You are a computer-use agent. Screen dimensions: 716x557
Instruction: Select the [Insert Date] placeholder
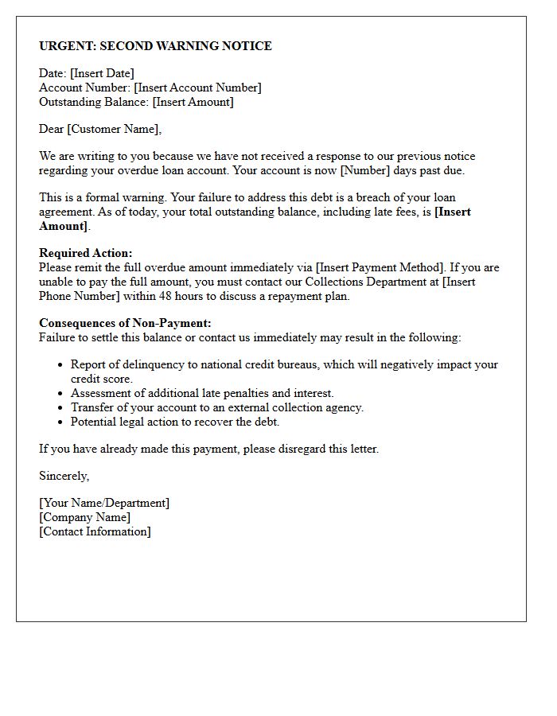tap(102, 73)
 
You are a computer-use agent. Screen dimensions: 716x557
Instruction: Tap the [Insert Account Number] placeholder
tap(197, 88)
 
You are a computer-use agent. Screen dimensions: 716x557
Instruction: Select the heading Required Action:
tap(86, 253)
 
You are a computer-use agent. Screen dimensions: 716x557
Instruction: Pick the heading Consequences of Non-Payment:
tap(125, 323)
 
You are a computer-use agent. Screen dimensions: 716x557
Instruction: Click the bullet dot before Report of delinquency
tap(61, 364)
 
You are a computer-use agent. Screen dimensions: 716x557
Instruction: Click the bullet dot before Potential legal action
tap(61, 422)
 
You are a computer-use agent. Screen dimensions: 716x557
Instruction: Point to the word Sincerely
tap(64, 476)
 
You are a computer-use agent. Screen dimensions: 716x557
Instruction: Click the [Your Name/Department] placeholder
tap(104, 503)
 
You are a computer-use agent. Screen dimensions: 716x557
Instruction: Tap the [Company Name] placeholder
tap(85, 517)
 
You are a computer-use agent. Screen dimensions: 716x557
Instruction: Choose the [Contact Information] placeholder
tap(95, 531)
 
